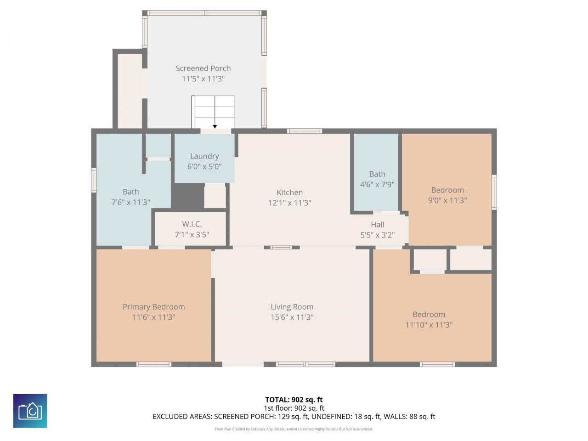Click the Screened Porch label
click(203, 68)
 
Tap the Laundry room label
click(204, 156)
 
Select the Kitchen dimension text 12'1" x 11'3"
click(290, 203)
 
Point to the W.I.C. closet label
click(192, 224)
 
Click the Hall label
click(378, 225)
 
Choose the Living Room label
click(292, 307)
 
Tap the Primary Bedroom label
click(153, 307)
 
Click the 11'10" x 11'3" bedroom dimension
click(429, 325)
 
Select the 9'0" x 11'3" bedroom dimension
click(447, 200)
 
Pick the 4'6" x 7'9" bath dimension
click(377, 184)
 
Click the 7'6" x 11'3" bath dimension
click(130, 202)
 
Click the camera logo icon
click(30, 411)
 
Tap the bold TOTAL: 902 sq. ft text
click(294, 400)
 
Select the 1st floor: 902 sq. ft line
click(294, 408)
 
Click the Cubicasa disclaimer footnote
click(294, 429)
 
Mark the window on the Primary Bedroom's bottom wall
click(154, 364)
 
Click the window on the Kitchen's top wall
click(305, 131)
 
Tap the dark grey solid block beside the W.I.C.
click(187, 196)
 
